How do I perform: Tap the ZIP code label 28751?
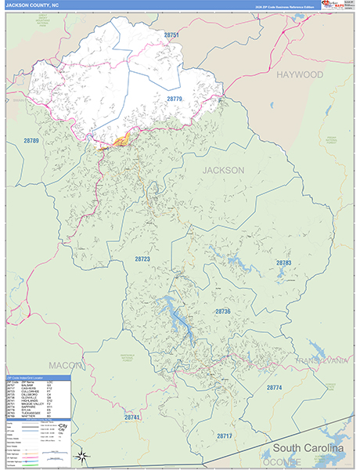point(172,35)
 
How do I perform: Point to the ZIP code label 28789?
point(31,140)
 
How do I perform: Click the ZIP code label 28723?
point(142,258)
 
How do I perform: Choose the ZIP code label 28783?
point(283,262)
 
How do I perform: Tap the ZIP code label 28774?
point(274,387)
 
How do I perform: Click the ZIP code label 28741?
point(131,418)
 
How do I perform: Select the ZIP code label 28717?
point(225,435)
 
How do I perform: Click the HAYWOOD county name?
point(299,74)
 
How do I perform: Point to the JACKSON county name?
point(224,170)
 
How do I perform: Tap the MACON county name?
point(65,365)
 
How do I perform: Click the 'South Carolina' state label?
point(308,449)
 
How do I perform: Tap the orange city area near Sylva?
point(121,140)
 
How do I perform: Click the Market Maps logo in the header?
point(337,5)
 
